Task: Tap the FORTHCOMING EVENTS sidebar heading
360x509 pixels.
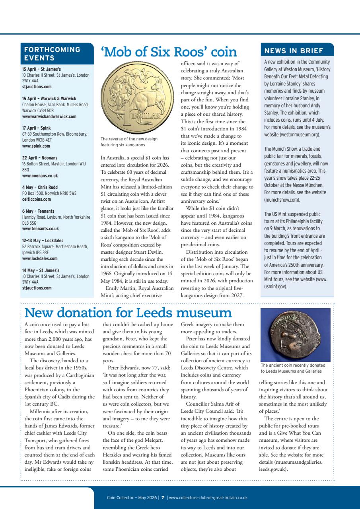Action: click(53, 54)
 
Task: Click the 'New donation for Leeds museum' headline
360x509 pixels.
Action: click(128, 313)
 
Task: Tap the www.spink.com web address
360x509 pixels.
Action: click(36, 146)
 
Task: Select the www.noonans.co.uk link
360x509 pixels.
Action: click(40, 175)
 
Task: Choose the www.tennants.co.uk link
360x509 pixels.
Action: click(41, 229)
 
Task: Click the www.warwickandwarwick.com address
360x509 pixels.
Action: click(49, 117)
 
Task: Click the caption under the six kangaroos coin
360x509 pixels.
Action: click(130, 141)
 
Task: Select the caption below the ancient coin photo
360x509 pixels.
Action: click(293, 368)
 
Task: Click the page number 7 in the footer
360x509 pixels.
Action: click(163, 497)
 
